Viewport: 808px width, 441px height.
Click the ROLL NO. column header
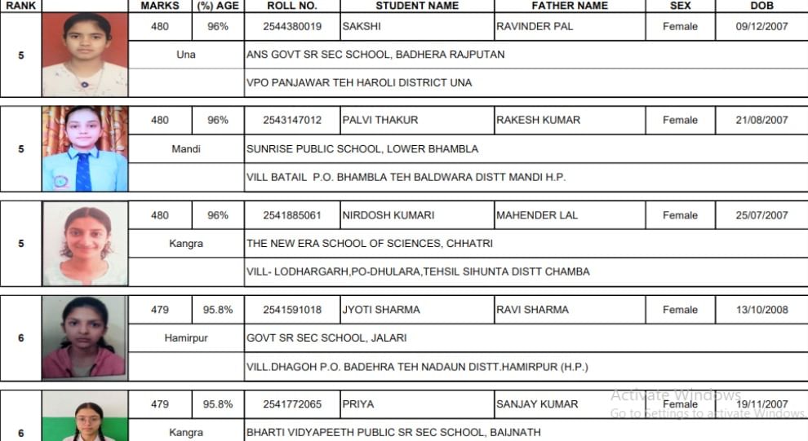coord(291,6)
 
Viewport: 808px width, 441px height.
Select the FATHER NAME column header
coord(569,6)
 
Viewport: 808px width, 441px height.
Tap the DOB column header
coord(761,6)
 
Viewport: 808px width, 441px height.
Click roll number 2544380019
coord(291,27)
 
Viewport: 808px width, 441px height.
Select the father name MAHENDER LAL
coord(537,215)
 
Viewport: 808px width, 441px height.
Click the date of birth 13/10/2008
coord(761,310)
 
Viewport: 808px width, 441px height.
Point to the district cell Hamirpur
coord(186,337)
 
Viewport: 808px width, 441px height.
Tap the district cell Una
coord(186,55)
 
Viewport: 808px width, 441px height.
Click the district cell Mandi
coord(186,149)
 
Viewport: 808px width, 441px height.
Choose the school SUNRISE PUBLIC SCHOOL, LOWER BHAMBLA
coord(362,149)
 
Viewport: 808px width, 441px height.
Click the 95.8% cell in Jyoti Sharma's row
coord(218,310)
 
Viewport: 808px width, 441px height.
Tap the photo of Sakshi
coord(85,54)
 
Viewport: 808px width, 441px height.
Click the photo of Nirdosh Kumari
coord(85,243)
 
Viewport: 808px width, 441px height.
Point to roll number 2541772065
coord(291,404)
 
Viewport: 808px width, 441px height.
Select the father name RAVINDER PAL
coord(535,27)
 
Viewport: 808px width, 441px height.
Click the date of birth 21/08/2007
coord(761,120)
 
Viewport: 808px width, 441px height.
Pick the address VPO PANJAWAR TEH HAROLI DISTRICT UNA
coord(359,82)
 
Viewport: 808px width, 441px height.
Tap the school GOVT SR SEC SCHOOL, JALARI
coord(326,337)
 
